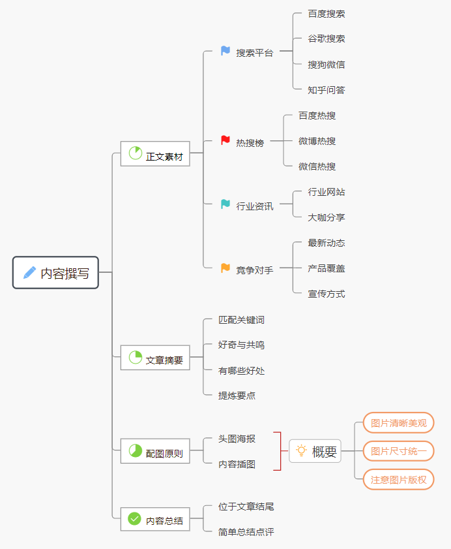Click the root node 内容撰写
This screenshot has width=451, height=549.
(x=55, y=273)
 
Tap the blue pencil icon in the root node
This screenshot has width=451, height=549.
(x=30, y=273)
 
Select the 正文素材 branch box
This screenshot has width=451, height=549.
(x=155, y=154)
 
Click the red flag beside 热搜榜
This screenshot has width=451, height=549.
(x=225, y=140)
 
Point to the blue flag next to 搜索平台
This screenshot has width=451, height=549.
(x=225, y=51)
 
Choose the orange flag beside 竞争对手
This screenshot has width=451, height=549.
(x=225, y=268)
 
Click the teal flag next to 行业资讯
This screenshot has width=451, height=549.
(x=225, y=204)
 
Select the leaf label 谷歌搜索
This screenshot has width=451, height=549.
(x=327, y=39)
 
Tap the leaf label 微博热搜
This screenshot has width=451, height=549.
(x=317, y=141)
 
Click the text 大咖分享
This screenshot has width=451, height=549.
(x=327, y=217)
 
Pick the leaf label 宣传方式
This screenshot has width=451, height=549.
(x=327, y=294)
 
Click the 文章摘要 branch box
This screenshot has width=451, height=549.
(x=155, y=358)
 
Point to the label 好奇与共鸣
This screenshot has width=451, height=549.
(x=241, y=345)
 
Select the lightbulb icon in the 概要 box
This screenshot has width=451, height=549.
(x=301, y=450)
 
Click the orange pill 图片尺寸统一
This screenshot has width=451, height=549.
(x=398, y=451)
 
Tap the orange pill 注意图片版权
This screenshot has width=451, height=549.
(x=398, y=480)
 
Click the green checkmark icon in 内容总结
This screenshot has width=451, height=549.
(x=135, y=519)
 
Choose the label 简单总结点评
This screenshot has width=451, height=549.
(x=246, y=532)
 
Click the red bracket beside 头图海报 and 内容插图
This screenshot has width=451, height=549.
(x=278, y=451)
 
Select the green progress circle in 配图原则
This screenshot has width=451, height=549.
(x=136, y=451)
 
